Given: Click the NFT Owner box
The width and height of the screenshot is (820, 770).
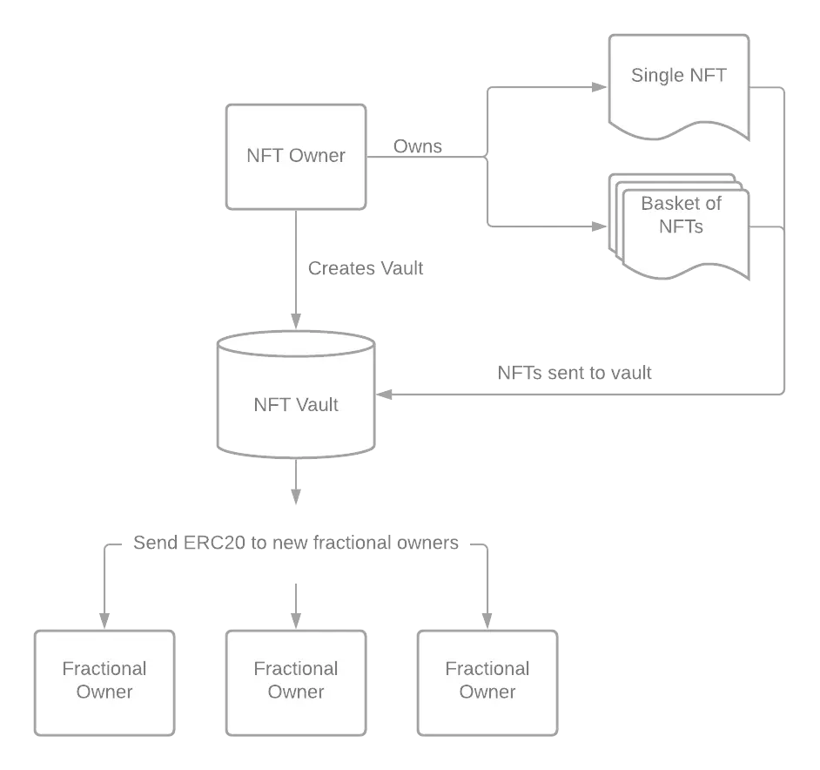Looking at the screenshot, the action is click(x=296, y=157).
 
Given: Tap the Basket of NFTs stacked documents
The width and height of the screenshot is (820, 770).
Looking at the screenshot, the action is click(x=679, y=226).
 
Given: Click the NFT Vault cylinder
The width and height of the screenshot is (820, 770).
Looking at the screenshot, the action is click(x=296, y=395).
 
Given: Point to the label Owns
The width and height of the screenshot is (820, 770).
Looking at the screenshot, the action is click(x=417, y=146).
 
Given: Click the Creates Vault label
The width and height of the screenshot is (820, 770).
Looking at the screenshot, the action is click(x=365, y=268).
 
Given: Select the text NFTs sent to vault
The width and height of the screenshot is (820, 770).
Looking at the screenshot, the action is click(x=575, y=373).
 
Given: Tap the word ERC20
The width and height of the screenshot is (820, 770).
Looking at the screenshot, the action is click(x=214, y=543).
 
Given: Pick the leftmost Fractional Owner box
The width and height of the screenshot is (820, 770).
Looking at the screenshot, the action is click(x=104, y=683).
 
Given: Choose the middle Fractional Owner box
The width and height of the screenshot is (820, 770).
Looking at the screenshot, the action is click(x=296, y=683).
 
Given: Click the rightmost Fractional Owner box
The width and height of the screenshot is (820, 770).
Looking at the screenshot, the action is click(x=487, y=683).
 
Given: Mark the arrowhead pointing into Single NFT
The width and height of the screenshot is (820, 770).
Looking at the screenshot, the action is click(x=599, y=87).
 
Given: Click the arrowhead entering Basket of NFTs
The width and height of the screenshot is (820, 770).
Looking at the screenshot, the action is click(x=599, y=226).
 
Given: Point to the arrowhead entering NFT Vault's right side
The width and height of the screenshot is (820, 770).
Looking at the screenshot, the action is click(x=385, y=395).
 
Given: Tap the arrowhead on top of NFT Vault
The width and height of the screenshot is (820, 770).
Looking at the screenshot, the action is click(x=296, y=321).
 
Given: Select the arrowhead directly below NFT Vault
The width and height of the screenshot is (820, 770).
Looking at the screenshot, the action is click(x=296, y=496).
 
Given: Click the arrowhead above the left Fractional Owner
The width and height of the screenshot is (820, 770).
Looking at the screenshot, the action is click(x=104, y=621).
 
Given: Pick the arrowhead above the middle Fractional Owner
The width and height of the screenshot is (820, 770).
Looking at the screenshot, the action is click(x=296, y=621).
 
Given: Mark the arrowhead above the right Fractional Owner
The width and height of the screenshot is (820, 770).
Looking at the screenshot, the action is click(x=487, y=621).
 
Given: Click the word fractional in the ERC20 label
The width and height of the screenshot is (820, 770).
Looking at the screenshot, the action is click(x=353, y=543).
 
